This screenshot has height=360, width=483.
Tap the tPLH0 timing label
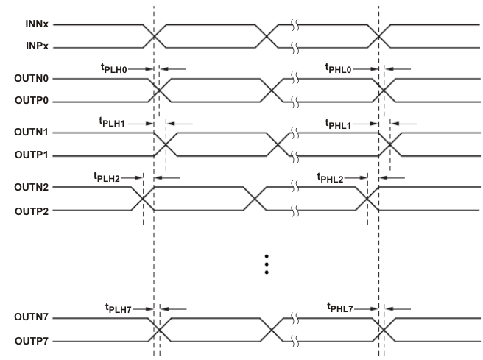tap(114, 68)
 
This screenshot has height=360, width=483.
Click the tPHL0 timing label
tap(340, 68)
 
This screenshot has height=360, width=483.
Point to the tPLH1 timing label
tap(113, 122)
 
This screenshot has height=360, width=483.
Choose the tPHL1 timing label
tap(340, 122)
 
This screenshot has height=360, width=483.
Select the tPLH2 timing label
tap(107, 177)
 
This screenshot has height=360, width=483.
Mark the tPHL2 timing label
tap(331, 177)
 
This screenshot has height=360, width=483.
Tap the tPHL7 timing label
tap(340, 308)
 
